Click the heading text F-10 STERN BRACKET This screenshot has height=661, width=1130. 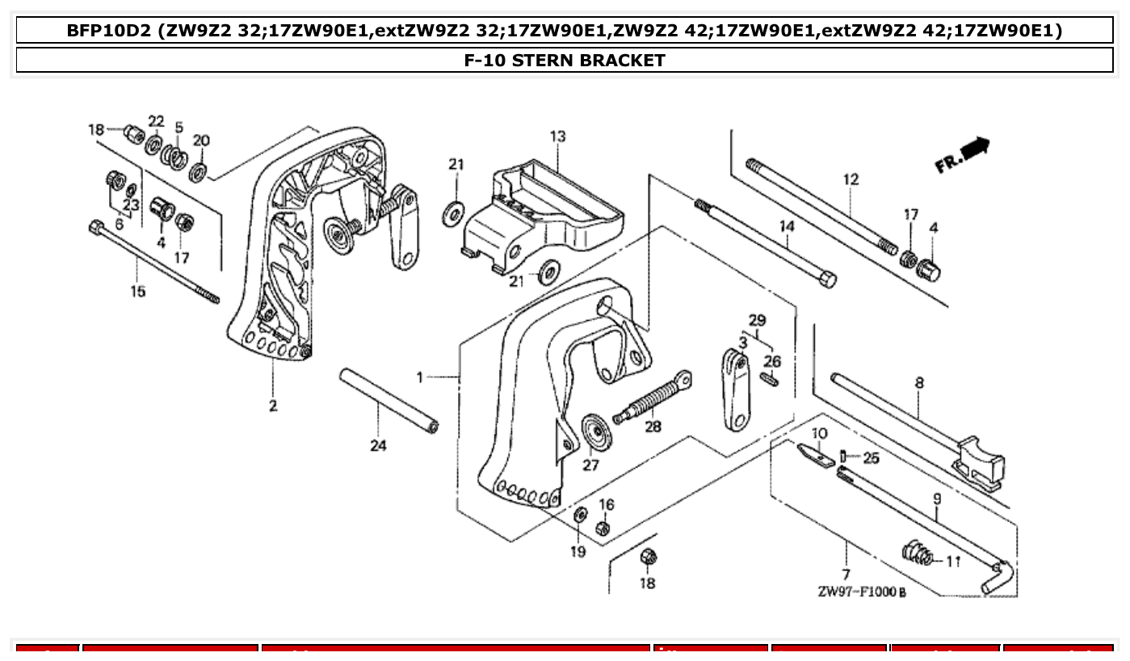(x=565, y=61)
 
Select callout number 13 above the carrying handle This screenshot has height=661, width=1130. (x=558, y=137)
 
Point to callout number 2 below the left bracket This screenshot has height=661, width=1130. (x=273, y=406)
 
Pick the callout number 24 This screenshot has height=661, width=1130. (x=378, y=445)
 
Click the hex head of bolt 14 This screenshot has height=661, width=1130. (x=827, y=280)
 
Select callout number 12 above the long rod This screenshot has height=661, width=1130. (x=851, y=179)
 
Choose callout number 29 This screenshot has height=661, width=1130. (x=756, y=320)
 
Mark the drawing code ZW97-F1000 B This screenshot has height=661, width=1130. (x=861, y=592)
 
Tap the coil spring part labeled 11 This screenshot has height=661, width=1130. (x=916, y=554)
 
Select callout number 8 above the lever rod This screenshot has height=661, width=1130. (x=919, y=382)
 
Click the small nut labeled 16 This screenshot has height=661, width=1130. (x=602, y=528)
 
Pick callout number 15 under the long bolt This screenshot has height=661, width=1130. (x=138, y=291)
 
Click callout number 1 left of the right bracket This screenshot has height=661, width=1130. (x=420, y=377)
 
